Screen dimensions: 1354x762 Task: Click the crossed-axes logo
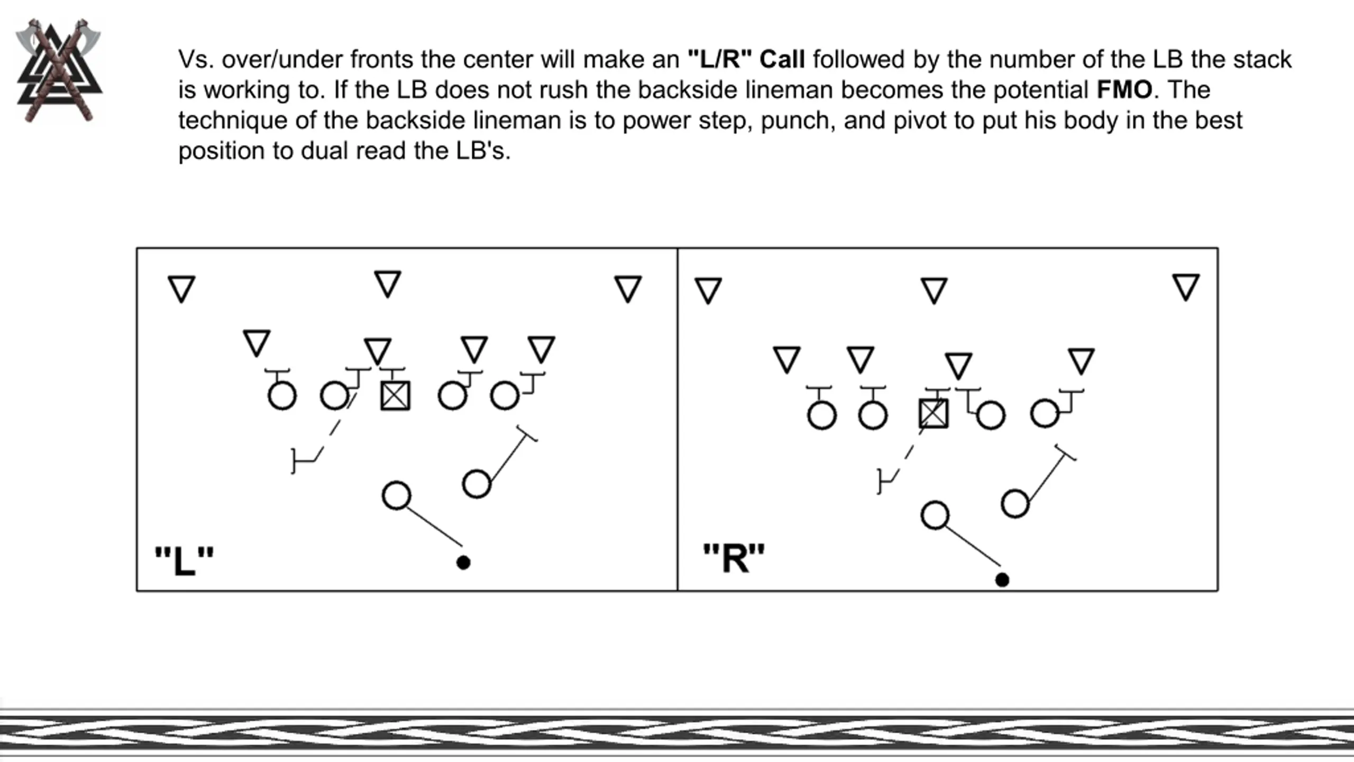(x=59, y=70)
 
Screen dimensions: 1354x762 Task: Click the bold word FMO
(x=1124, y=90)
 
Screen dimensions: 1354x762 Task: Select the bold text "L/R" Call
(x=746, y=59)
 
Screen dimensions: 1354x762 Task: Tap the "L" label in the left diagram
(x=184, y=560)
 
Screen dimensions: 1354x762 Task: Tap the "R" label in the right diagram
(x=734, y=558)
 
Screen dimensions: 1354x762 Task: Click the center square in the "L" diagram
(x=395, y=396)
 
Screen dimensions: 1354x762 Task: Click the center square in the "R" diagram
(x=934, y=413)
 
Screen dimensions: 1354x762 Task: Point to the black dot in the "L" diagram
(x=463, y=563)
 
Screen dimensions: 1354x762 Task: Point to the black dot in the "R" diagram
(x=1002, y=580)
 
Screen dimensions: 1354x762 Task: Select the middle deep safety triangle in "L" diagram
(x=388, y=283)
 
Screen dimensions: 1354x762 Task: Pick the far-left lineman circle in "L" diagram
(x=282, y=396)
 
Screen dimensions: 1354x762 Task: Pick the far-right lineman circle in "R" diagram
(x=1045, y=413)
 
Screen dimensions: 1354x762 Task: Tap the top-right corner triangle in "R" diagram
(x=1186, y=287)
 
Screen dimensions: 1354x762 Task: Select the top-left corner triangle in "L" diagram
(x=181, y=288)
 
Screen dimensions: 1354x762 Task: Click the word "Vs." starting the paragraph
(x=196, y=59)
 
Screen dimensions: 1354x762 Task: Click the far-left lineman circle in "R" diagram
(x=822, y=415)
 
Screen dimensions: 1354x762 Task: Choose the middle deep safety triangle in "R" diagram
(x=934, y=290)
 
